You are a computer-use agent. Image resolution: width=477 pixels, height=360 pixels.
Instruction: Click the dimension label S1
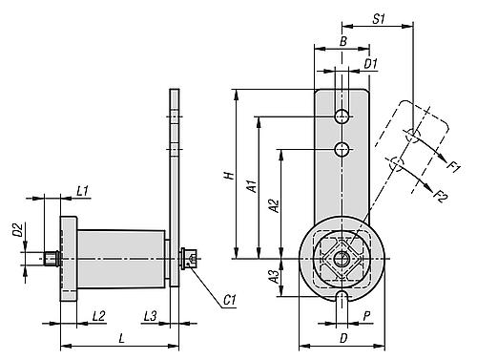(379, 19)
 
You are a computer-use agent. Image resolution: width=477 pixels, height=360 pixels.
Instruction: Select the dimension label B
(342, 41)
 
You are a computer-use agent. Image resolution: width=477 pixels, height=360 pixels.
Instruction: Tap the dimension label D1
(370, 64)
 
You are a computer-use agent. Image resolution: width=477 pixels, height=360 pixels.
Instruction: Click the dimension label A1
(252, 186)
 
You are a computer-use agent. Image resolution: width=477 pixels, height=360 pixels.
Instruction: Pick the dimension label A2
(274, 205)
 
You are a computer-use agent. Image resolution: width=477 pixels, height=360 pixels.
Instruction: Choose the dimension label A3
(274, 276)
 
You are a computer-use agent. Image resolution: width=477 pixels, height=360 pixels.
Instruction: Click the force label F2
(442, 196)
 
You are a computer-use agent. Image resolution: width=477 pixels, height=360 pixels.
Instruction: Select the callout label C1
(230, 300)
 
